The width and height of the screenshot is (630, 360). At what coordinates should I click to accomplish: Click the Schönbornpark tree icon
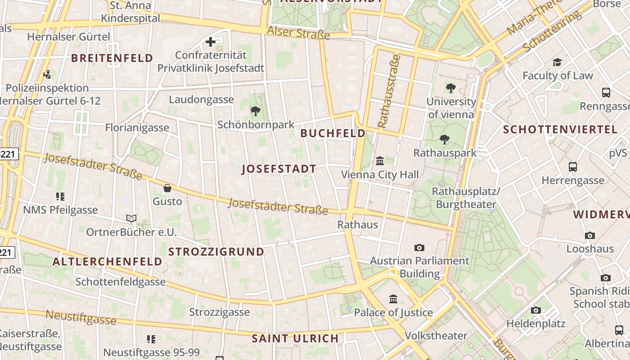(x=256, y=111)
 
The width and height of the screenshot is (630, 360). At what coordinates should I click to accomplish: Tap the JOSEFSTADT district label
(x=279, y=169)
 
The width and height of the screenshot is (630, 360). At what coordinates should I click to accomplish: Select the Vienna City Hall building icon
(x=380, y=161)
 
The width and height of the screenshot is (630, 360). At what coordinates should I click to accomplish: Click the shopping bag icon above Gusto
(x=167, y=188)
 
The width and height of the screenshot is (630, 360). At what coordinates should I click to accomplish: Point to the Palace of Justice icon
(x=393, y=299)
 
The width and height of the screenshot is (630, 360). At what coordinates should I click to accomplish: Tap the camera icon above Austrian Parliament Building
(x=419, y=247)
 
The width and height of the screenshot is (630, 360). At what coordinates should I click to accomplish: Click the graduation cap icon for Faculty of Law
(x=558, y=62)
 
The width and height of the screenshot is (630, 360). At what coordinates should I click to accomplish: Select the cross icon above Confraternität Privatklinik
(x=210, y=42)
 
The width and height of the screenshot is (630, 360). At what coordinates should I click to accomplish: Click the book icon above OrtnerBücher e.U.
(x=131, y=219)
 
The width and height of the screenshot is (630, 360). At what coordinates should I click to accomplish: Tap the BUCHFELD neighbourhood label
(x=333, y=133)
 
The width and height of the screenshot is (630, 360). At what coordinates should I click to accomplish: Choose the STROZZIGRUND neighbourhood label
(x=216, y=252)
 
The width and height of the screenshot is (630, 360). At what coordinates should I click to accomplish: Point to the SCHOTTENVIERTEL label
(x=560, y=130)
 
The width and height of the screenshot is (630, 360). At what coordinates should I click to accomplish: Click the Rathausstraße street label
(x=388, y=91)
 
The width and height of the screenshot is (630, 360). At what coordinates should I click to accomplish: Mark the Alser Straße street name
(x=298, y=32)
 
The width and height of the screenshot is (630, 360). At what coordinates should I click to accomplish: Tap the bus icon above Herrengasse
(x=573, y=167)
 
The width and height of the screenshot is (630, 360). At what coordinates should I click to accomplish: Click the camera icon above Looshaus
(x=590, y=235)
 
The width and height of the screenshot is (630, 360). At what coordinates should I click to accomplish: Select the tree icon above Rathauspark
(x=445, y=139)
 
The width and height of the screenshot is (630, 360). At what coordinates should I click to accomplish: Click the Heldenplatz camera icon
(x=535, y=310)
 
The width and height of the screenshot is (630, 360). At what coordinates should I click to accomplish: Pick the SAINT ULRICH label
(x=295, y=338)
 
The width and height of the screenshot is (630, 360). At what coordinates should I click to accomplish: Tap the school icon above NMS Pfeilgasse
(x=60, y=196)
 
